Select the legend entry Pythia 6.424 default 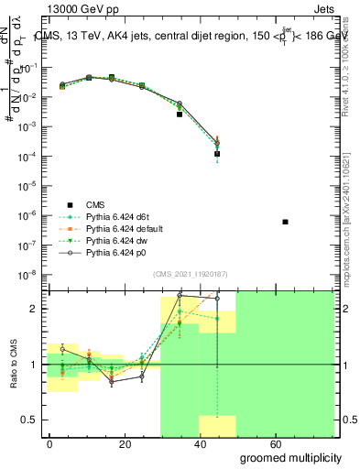[x=125, y=229]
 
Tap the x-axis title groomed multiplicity [x=292, y=457]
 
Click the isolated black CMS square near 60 [x=286, y=222]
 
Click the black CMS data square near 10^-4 [x=217, y=154]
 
